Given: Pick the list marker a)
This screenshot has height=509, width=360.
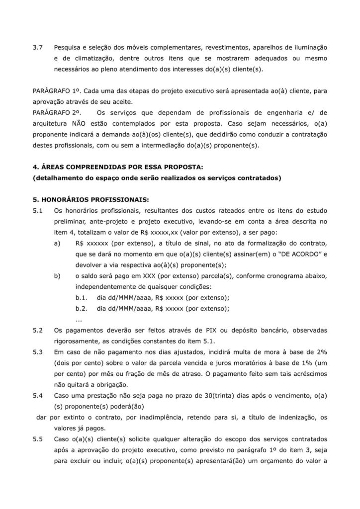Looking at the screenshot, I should pos(58,243).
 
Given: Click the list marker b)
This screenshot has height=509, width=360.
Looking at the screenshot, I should pos(58,276).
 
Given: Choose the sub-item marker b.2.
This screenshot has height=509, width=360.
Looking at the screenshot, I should pos(82,309).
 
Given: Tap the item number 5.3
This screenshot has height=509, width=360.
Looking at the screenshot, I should pos(37,352).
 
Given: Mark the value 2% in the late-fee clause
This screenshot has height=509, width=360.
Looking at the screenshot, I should pos(322,352).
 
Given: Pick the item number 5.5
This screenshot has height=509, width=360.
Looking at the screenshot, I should pos(37,439).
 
